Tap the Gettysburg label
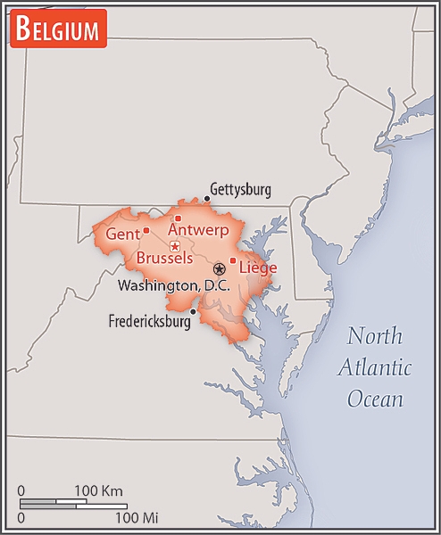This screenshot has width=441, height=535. (240, 190)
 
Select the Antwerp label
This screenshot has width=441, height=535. (198, 230)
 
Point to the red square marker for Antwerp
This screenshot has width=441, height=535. (178, 218)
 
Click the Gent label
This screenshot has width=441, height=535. (122, 234)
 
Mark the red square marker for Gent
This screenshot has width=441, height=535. (146, 230)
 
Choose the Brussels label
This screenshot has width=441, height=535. (164, 259)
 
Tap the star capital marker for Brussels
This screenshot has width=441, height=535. (175, 246)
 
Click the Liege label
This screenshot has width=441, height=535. (258, 267)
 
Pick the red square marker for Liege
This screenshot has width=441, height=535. (233, 260)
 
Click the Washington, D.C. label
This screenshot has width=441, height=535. (174, 285)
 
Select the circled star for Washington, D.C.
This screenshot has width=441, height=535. (219, 268)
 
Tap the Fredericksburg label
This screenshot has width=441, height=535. (149, 322)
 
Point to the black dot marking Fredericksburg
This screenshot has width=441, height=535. (193, 311)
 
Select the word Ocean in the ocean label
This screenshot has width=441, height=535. (376, 399)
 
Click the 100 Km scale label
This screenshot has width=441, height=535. (98, 491)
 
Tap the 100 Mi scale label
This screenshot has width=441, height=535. (137, 517)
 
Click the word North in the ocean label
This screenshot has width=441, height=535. (375, 336)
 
